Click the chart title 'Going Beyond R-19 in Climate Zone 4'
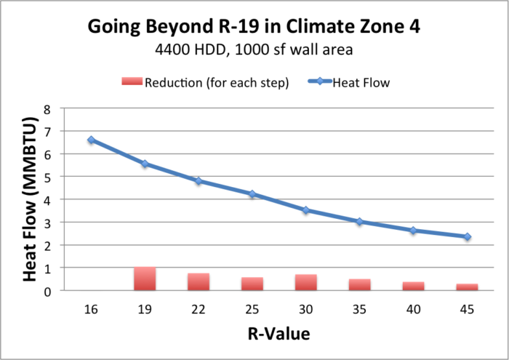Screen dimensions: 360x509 [x=254, y=28]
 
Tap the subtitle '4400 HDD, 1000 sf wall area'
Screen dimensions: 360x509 [x=254, y=52]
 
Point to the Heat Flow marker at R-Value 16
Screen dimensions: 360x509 [x=91, y=140]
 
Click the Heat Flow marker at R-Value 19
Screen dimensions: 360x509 [x=145, y=164]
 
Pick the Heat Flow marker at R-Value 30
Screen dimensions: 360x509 [x=305, y=210]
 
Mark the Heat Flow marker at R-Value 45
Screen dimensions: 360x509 [x=467, y=236]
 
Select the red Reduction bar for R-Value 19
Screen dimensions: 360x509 [x=145, y=279]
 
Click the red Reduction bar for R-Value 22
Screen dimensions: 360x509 [x=199, y=282]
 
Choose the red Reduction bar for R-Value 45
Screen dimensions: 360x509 [x=467, y=287]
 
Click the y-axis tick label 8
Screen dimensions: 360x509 [x=48, y=108]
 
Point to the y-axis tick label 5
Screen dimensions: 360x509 [x=48, y=177]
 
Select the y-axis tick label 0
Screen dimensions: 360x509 [x=48, y=291]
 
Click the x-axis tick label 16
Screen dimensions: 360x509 [x=91, y=309]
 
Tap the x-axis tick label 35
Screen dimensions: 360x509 [x=359, y=309]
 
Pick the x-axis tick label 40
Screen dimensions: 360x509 [x=413, y=309]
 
